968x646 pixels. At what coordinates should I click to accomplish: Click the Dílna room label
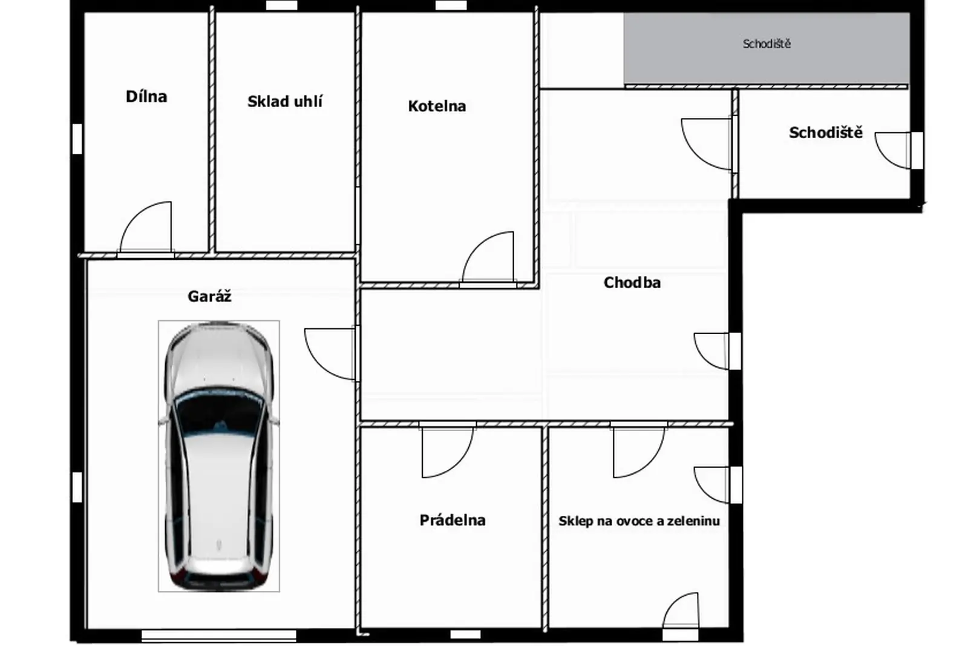tap(146, 96)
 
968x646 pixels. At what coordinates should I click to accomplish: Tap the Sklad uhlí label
tap(285, 102)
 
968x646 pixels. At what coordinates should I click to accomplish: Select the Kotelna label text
tap(437, 107)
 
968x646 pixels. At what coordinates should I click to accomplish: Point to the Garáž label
tap(209, 296)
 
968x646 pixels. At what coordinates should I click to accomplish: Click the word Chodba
tap(632, 283)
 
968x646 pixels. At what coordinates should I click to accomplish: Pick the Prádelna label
tap(453, 520)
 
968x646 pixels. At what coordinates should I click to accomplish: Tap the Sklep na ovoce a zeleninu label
tap(639, 521)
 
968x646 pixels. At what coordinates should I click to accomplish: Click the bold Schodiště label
tap(825, 133)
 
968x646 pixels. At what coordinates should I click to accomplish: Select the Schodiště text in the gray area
tap(767, 44)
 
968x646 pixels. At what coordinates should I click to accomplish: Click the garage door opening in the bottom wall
tap(218, 636)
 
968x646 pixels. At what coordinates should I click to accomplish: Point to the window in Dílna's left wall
tap(77, 139)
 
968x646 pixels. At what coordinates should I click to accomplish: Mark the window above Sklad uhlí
tap(281, 5)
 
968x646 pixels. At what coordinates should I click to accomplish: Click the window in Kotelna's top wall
tap(451, 5)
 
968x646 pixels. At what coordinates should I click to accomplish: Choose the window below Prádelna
tap(465, 634)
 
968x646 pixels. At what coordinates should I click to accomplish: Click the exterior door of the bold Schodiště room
tap(917, 151)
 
